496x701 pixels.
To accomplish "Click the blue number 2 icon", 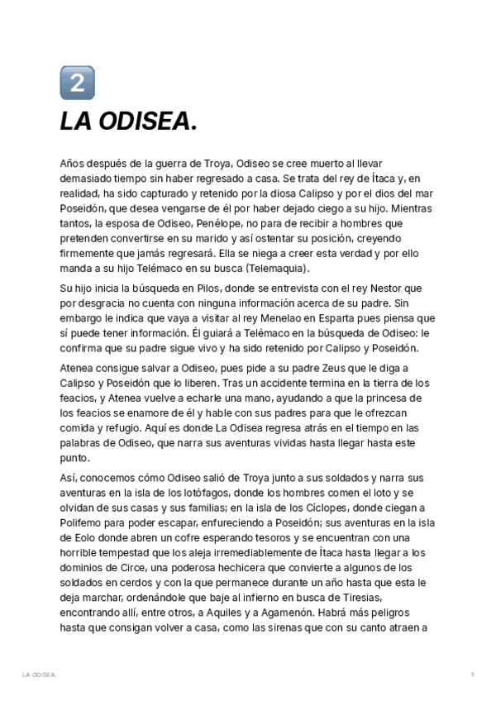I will (x=77, y=83).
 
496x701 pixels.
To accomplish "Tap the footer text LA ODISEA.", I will (x=39, y=675).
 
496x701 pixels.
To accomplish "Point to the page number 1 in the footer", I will (x=472, y=675).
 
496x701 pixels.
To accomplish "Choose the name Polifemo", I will (x=85, y=522).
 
